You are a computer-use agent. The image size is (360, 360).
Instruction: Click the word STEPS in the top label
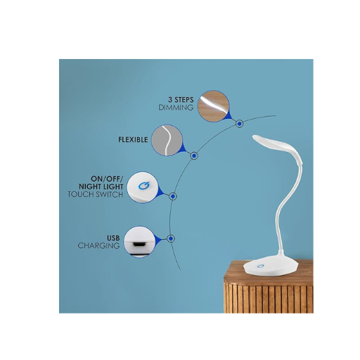point(184,100)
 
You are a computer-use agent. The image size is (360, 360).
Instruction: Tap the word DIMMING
point(176,108)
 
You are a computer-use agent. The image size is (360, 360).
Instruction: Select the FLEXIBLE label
point(133,140)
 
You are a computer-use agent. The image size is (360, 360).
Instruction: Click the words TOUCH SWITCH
point(96,195)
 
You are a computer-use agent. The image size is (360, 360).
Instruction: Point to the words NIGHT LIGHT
point(101,187)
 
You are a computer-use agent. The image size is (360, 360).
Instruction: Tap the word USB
point(113,238)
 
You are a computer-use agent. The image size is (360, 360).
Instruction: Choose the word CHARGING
point(98,246)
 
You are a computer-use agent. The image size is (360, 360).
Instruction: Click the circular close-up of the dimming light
point(213,106)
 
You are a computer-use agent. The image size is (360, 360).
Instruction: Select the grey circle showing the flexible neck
point(167,141)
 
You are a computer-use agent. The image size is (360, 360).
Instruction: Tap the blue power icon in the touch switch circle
point(143,186)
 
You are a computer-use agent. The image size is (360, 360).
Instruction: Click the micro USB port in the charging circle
point(140,244)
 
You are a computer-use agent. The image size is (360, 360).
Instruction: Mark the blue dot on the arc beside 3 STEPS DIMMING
point(239,124)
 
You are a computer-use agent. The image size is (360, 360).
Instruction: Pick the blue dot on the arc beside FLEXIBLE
point(194,155)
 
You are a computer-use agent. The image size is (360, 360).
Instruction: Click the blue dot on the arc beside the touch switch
point(173,196)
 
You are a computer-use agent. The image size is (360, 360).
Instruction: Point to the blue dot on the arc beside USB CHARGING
point(171,238)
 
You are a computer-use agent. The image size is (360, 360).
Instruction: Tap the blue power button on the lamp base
point(260,266)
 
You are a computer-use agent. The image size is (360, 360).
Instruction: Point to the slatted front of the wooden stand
point(269,297)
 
